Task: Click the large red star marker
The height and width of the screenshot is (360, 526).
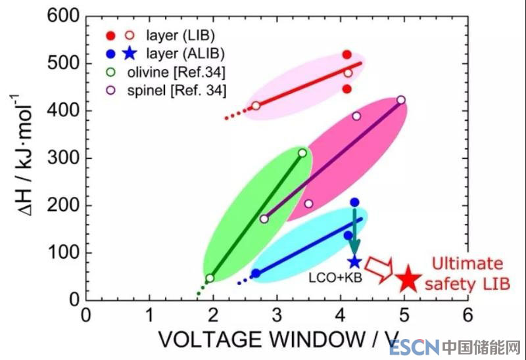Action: (x=408, y=279)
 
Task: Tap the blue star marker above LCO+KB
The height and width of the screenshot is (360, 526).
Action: (x=354, y=261)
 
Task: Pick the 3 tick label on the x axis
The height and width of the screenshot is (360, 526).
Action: (x=277, y=314)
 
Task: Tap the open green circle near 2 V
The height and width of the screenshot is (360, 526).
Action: (x=210, y=279)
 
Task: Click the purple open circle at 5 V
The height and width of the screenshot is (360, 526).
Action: (x=401, y=100)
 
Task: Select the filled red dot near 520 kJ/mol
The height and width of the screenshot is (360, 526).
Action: (x=347, y=55)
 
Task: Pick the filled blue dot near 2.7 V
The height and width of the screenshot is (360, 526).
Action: (x=256, y=273)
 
